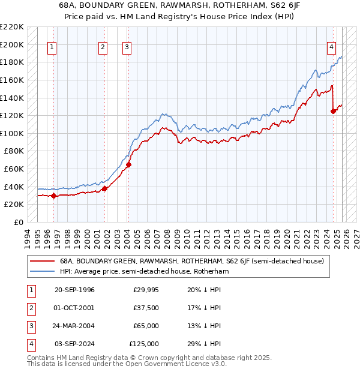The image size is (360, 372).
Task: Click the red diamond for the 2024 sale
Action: coord(334,111)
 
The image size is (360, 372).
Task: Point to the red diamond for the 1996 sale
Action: coord(54,195)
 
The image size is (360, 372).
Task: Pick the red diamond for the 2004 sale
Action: coord(128,164)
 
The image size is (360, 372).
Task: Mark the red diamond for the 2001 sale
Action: coord(104,188)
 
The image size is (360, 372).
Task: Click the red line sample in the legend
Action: coord(42,261)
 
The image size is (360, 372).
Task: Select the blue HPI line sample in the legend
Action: coord(42,271)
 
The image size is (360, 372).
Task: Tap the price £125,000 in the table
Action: coord(144,344)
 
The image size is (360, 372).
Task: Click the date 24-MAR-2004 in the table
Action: coord(74,326)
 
